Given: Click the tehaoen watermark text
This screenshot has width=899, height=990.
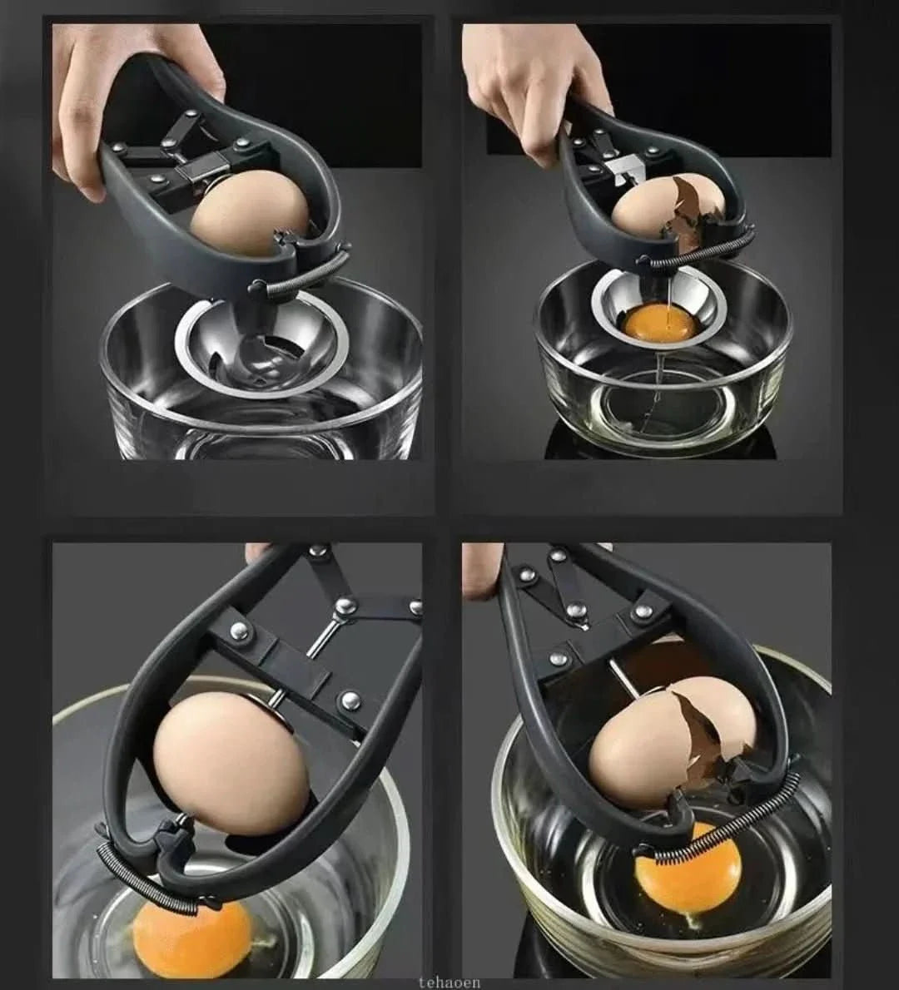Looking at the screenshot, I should click(449, 983).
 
